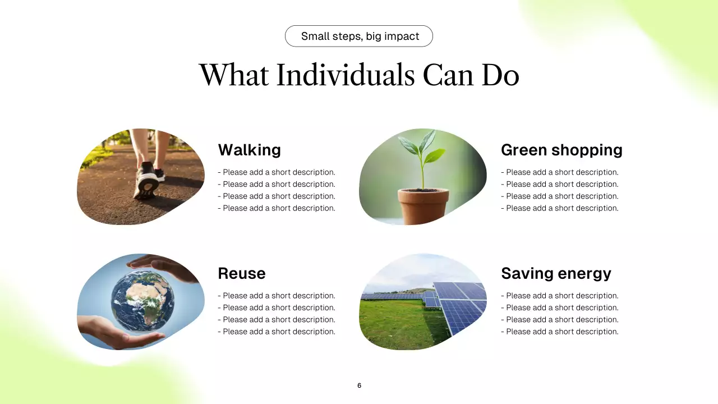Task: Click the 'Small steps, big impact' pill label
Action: pos(359,36)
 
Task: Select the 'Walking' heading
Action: pos(249,150)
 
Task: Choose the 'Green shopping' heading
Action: pos(561,150)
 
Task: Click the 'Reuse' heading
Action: pos(241,273)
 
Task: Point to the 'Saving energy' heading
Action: pos(556,273)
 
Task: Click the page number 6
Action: pos(359,385)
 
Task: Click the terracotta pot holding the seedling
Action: pos(424,205)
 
